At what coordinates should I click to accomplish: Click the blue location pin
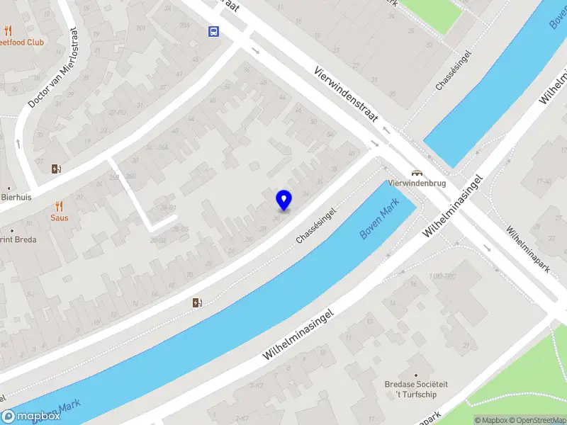(x=284, y=200)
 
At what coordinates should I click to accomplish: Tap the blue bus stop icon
(x=213, y=31)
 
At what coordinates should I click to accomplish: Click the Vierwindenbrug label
(x=418, y=183)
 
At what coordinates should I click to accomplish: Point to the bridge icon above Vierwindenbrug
(x=418, y=172)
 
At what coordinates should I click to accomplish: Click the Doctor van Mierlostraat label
(x=52, y=68)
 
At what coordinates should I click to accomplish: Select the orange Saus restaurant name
(x=59, y=217)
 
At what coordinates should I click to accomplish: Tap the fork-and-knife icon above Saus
(x=59, y=206)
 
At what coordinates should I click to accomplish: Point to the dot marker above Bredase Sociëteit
(x=415, y=375)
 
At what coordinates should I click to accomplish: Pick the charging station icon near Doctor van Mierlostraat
(x=56, y=169)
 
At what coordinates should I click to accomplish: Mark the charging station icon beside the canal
(x=197, y=303)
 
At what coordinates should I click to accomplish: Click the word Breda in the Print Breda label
(x=24, y=239)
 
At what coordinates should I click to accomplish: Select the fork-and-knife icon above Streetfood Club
(x=9, y=30)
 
